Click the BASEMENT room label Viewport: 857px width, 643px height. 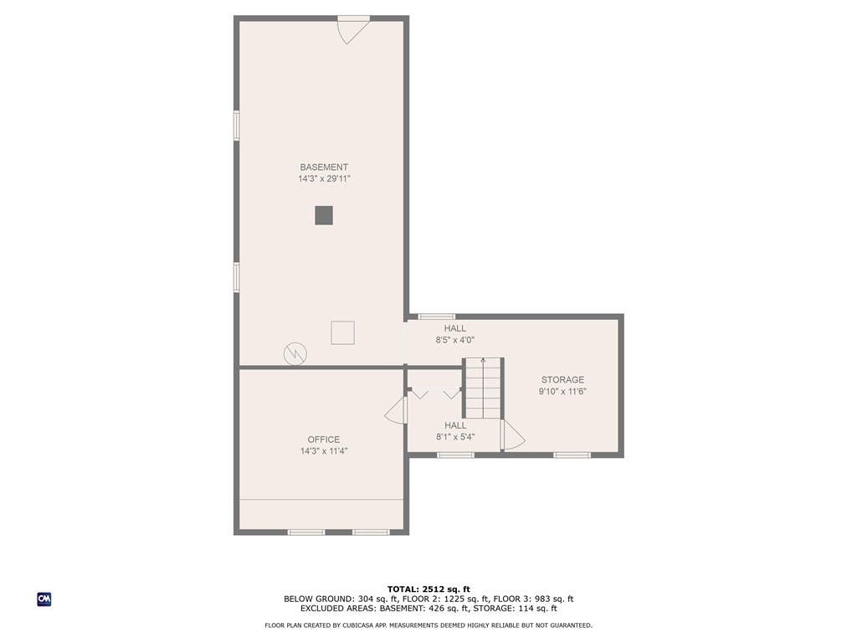tap(324, 167)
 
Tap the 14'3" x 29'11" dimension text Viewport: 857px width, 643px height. tap(324, 179)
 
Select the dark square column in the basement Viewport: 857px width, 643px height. tap(324, 215)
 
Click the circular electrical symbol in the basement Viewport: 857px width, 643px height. tap(295, 354)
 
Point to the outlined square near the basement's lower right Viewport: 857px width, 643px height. tap(342, 332)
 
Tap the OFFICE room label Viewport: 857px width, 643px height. tap(324, 440)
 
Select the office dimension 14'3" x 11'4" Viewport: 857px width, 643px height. tap(324, 451)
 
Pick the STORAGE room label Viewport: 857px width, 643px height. tap(562, 379)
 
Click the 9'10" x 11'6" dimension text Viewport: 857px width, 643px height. tap(562, 392)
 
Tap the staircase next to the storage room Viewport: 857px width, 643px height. tap(483, 388)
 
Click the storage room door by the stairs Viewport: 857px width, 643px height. tap(514, 435)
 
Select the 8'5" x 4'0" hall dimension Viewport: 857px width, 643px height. tap(454, 340)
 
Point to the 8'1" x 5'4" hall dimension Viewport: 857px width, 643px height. tap(455, 437)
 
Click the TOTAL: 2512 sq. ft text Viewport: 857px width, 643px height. tap(428, 589)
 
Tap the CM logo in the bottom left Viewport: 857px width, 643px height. tap(44, 599)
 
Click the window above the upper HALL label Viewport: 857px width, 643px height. tap(436, 316)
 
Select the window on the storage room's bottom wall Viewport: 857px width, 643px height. tap(572, 455)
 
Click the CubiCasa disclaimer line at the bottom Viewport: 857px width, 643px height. tap(428, 625)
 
